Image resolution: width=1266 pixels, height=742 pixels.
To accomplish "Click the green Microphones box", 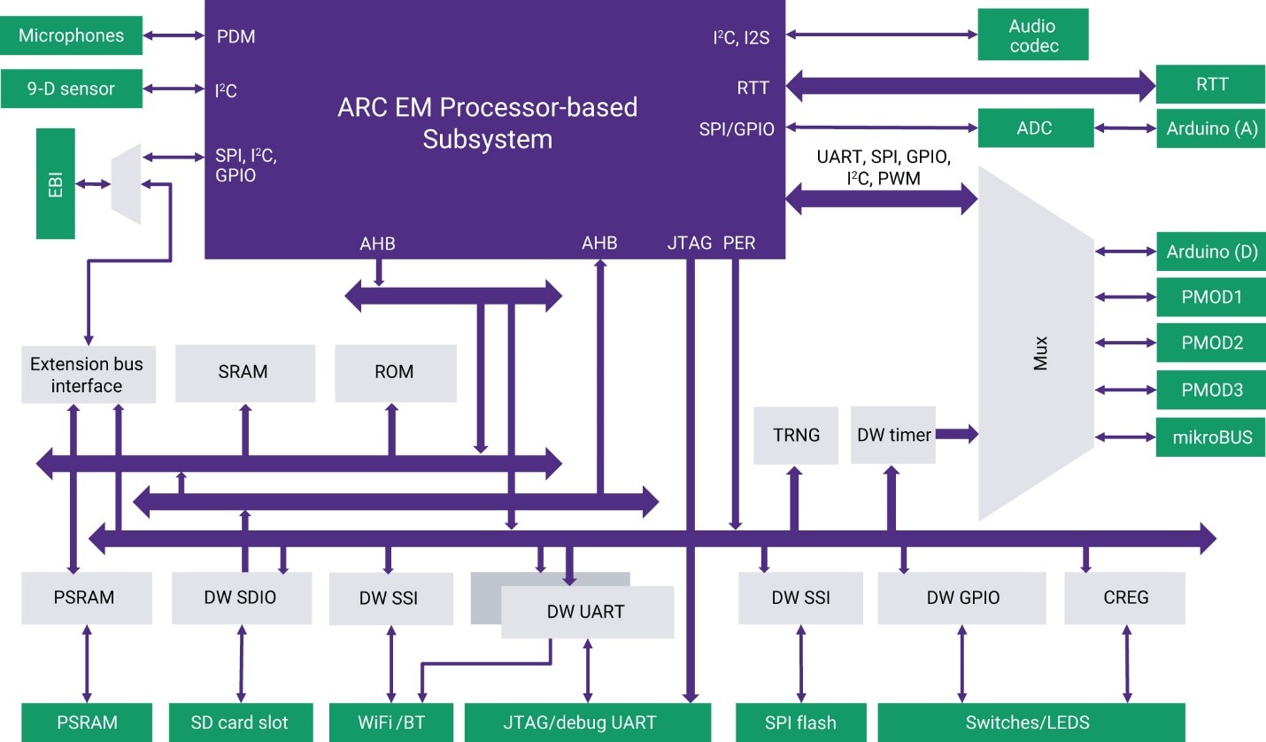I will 71,35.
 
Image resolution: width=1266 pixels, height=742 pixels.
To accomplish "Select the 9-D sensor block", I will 71,89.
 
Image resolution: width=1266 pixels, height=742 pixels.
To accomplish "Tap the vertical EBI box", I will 55,183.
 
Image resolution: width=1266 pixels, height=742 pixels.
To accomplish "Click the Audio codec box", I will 1032,35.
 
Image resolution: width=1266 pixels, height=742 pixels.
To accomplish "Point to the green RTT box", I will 1211,85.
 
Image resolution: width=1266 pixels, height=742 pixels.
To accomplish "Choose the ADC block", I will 1033,128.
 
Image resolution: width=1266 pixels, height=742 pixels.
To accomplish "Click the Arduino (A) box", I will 1211,128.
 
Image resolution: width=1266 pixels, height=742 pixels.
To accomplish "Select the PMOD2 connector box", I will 1211,343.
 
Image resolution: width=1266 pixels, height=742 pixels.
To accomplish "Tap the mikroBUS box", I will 1211,437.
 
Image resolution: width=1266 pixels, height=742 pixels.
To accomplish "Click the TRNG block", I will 795,435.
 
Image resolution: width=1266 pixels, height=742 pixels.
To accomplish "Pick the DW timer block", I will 893,435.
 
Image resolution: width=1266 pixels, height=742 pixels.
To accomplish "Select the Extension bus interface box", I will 87,375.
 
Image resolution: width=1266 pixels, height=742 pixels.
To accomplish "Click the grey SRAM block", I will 245,372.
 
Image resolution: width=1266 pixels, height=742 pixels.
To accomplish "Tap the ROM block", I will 395,372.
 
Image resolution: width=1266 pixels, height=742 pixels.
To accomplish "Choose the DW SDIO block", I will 242,598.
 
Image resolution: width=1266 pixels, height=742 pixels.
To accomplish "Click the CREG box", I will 1125,598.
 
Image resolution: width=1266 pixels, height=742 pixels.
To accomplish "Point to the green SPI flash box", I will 800,723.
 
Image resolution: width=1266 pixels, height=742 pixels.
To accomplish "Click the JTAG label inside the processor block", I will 689,243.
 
